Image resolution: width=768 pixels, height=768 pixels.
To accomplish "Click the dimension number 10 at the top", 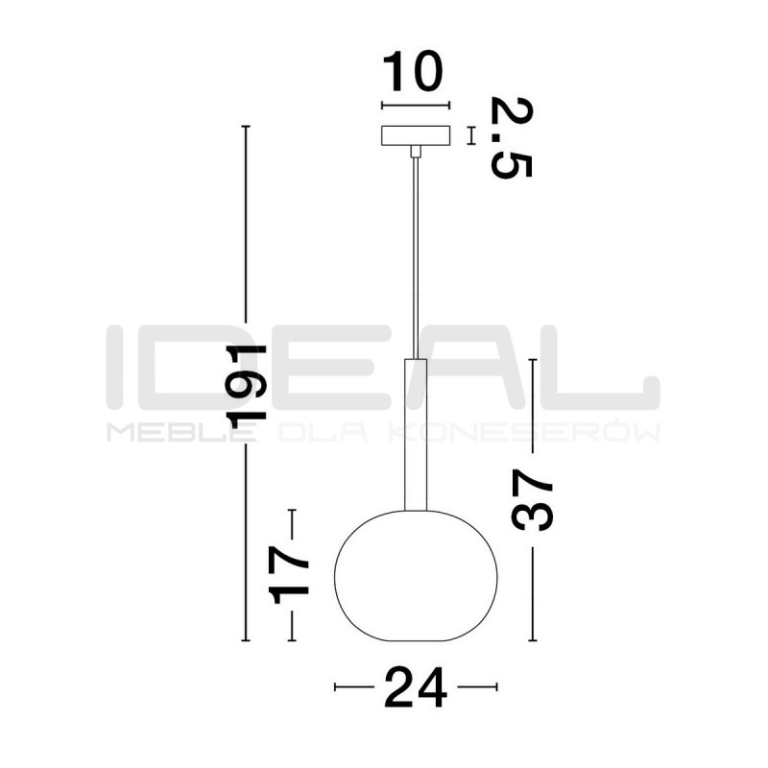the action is tap(413, 71).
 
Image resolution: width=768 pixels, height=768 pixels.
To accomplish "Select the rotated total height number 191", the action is tap(246, 387).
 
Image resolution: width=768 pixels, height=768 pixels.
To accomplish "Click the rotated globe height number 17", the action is tap(289, 574).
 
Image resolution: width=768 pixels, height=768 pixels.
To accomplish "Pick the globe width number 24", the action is tap(416, 687).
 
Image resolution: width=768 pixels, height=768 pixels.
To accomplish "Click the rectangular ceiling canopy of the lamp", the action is tap(416, 135).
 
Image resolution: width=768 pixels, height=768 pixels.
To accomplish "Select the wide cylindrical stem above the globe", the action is tap(416, 435).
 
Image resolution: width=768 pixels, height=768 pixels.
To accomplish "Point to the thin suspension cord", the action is tap(416, 257).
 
